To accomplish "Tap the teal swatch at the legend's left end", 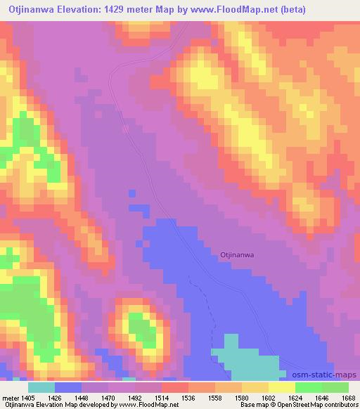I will [x=41, y=387].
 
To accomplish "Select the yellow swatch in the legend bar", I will [x=281, y=387].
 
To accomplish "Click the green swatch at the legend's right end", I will [x=335, y=387].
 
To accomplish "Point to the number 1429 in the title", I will [x=124, y=10].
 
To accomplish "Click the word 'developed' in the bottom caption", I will [x=89, y=405].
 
